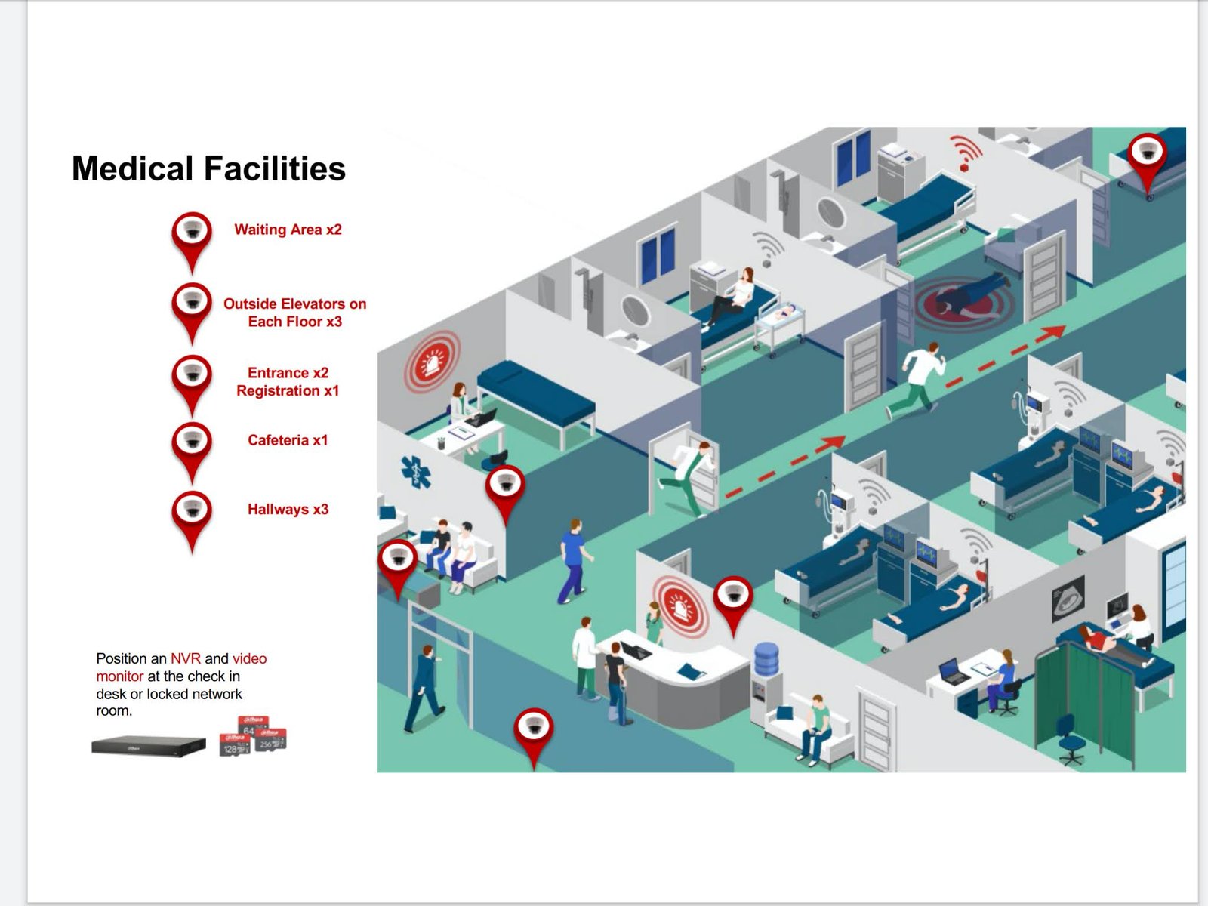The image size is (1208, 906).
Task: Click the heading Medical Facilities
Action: point(208,168)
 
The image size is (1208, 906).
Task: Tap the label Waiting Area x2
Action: point(288,230)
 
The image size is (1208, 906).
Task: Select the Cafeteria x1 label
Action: point(288,440)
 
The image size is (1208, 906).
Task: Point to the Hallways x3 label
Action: point(288,509)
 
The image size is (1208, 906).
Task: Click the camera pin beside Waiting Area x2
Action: point(192,242)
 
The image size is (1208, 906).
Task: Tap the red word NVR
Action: point(186,658)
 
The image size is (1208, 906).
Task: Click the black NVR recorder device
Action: point(149,745)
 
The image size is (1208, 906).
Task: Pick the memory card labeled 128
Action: point(235,745)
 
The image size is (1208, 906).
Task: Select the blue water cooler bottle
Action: point(766,659)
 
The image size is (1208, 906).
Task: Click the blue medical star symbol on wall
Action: point(415,472)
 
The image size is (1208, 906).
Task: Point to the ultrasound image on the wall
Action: point(1068,599)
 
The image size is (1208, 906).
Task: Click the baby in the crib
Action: point(785,313)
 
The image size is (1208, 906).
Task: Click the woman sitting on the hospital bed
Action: point(729,296)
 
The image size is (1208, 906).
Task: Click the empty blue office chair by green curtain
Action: point(1071,740)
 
